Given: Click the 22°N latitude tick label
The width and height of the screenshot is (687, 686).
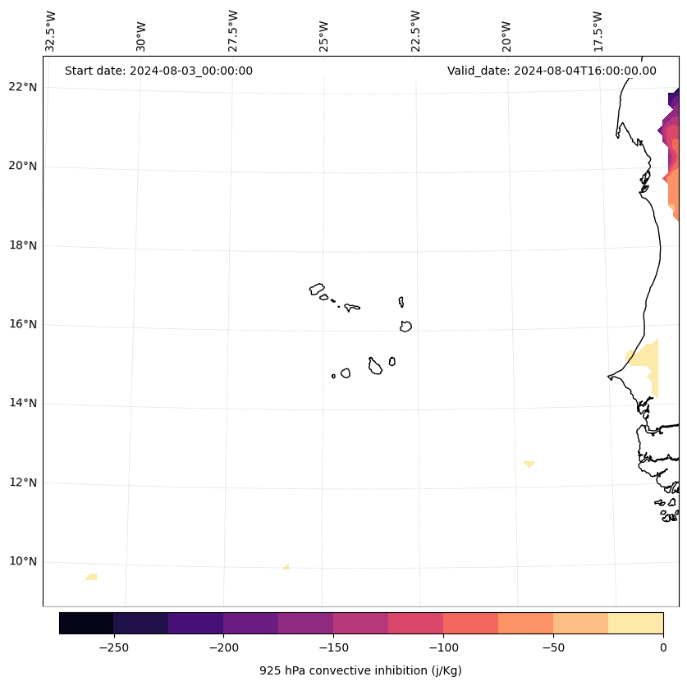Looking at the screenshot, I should [x=21, y=87].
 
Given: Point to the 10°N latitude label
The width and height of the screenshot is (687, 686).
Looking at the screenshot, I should [x=21, y=562].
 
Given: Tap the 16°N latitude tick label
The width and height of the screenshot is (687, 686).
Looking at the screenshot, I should [x=21, y=324].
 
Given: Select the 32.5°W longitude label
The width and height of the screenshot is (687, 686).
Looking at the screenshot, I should [x=51, y=30].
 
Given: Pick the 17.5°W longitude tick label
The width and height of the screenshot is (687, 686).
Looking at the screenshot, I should [x=598, y=30].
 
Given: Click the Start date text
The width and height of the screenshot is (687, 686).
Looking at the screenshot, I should [x=158, y=71].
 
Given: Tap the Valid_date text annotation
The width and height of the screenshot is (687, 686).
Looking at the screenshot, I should [x=552, y=71].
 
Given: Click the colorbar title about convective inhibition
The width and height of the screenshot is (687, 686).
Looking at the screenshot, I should [x=360, y=670].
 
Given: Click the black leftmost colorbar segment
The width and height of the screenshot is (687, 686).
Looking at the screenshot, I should [x=86, y=623].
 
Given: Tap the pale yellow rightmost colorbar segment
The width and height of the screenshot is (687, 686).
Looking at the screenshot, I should [x=635, y=623].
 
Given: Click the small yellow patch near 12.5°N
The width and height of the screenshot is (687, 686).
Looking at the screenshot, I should [x=529, y=464].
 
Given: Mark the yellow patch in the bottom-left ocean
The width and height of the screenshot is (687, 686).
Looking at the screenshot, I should [x=91, y=577].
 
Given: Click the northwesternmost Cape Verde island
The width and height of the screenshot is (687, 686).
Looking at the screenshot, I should [x=317, y=289].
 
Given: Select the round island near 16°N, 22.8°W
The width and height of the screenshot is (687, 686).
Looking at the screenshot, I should [x=405, y=326].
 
